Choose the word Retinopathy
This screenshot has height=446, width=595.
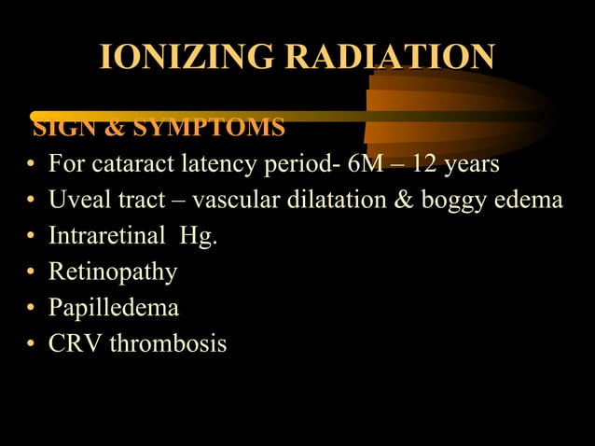113,272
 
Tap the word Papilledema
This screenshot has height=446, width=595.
114,308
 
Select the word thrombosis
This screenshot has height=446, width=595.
168,343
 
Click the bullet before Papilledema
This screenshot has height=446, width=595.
32,309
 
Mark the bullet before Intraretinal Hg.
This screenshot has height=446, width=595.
32,237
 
